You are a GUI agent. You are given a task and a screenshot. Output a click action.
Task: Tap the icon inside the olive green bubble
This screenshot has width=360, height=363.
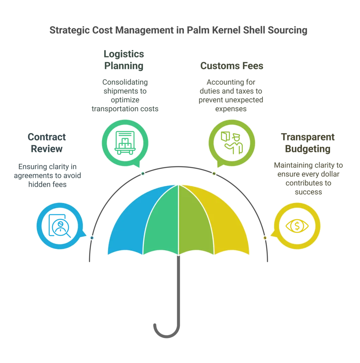[x=231, y=142]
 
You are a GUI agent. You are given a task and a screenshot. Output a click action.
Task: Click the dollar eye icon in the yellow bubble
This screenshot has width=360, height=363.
[x=297, y=226]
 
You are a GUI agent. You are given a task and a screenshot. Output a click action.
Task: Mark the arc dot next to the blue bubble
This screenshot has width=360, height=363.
[x=92, y=238]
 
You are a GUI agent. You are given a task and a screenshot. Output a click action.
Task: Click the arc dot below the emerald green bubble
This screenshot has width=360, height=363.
[x=143, y=173]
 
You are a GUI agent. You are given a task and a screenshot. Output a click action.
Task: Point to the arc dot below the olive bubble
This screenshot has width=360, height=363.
[x=214, y=173]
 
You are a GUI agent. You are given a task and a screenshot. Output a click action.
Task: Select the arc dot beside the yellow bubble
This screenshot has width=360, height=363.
[x=265, y=238]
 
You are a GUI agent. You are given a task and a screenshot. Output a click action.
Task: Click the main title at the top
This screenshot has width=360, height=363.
[x=177, y=30]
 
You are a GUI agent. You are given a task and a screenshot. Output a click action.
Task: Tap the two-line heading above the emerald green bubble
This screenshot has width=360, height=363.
[x=124, y=60]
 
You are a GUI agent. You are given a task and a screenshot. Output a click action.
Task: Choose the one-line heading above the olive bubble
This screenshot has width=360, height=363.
[x=232, y=66]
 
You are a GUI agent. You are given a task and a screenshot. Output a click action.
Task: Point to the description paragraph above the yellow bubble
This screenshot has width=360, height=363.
[x=308, y=178]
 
